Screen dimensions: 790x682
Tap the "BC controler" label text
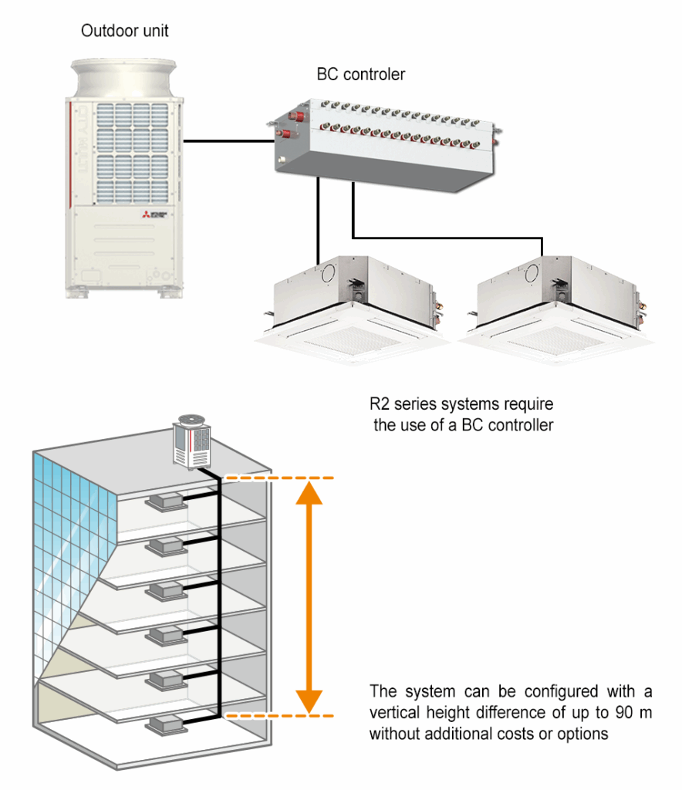point(361,75)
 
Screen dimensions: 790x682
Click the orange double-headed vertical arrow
point(309,597)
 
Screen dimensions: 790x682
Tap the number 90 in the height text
point(608,712)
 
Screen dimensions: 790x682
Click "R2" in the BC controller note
point(380,404)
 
